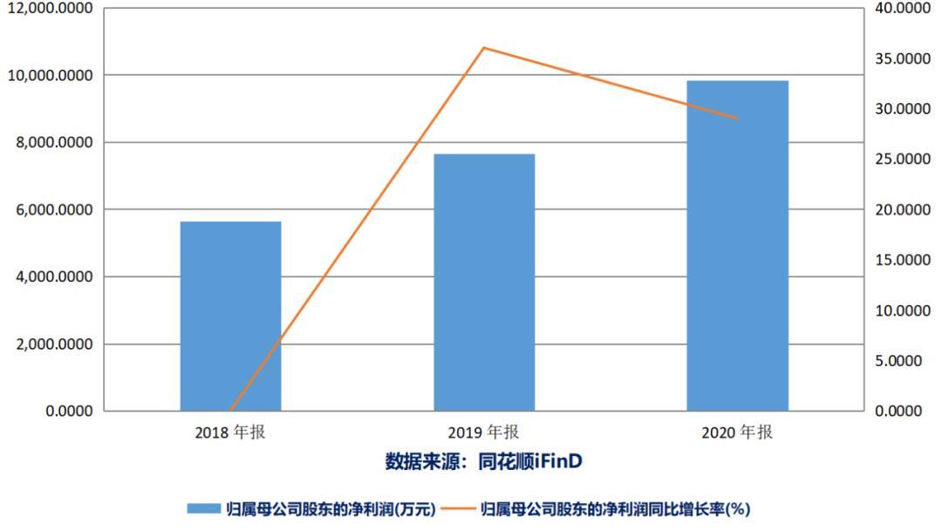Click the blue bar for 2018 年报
coord(230,316)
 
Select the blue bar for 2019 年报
coord(484,282)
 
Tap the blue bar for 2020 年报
coord(737,245)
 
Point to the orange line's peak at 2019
coord(484,47)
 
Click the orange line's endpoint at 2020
coord(738,119)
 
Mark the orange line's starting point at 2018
coord(231,410)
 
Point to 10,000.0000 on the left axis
coord(51,76)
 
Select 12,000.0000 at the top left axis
coord(51,9)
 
